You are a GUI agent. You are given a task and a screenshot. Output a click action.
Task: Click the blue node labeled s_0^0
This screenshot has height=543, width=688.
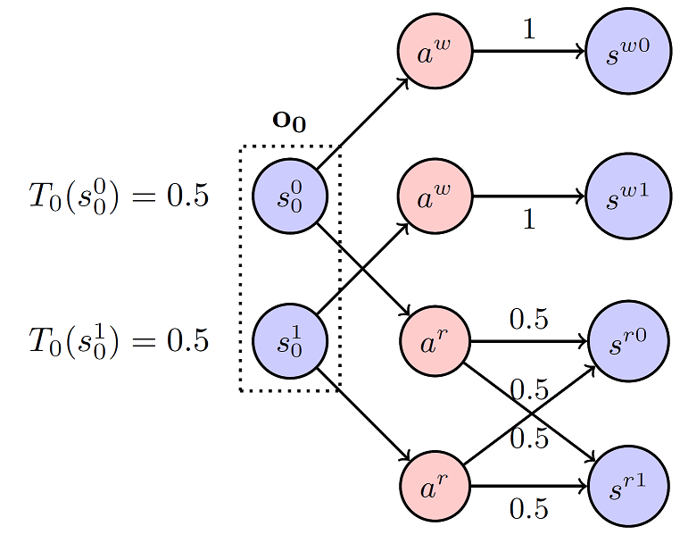pyautogui.click(x=290, y=196)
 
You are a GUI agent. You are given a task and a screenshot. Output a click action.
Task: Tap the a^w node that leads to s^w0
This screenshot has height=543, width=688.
pyautogui.click(x=435, y=52)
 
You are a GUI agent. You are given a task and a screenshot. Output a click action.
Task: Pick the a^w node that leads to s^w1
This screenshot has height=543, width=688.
pyautogui.click(x=435, y=196)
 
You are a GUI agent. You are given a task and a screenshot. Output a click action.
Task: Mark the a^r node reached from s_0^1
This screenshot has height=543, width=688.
pyautogui.click(x=435, y=486)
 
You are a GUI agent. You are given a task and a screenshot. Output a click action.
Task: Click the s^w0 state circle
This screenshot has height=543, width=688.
pyautogui.click(x=628, y=52)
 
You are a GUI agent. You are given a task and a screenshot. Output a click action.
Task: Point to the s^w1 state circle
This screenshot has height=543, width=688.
pyautogui.click(x=628, y=196)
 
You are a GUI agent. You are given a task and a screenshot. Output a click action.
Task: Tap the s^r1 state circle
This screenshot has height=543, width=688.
pyautogui.click(x=628, y=486)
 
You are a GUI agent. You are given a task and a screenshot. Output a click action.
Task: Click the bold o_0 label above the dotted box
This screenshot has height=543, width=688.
pyautogui.click(x=289, y=121)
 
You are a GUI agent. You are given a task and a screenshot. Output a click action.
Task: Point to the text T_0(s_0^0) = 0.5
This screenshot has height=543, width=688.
pyautogui.click(x=119, y=196)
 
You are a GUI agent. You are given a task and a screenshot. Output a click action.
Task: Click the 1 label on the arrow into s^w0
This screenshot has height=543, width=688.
pyautogui.click(x=528, y=30)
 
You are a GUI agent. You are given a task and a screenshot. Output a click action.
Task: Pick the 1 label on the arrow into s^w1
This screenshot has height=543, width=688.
pyautogui.click(x=528, y=219)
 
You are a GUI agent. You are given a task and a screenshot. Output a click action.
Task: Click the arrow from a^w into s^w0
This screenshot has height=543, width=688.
pyautogui.click(x=528, y=52)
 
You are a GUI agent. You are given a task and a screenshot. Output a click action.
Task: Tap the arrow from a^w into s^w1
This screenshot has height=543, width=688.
pyautogui.click(x=528, y=196)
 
